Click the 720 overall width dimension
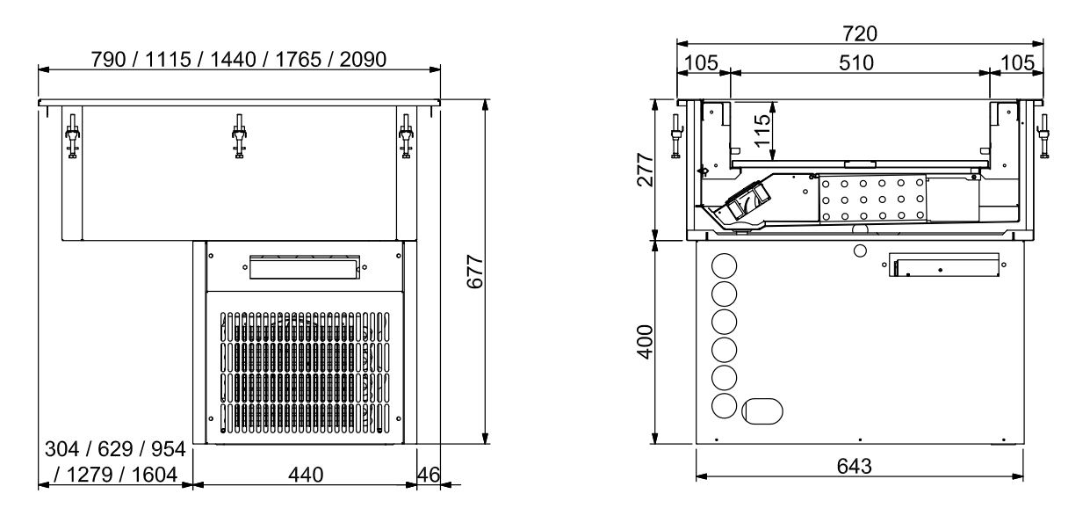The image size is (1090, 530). point(859,33)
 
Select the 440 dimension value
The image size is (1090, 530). point(303,474)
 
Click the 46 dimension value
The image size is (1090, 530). point(427,474)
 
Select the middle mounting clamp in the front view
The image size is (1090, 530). point(238,136)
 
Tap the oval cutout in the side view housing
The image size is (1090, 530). point(762,409)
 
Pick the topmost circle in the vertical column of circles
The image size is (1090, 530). point(725,265)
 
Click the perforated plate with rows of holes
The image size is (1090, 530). point(871,199)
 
